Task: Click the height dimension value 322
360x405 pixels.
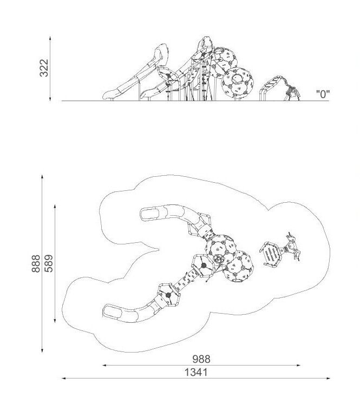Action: click(x=44, y=68)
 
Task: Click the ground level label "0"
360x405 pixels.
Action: click(x=323, y=94)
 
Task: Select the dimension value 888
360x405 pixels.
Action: click(x=36, y=263)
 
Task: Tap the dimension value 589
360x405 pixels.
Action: click(x=48, y=263)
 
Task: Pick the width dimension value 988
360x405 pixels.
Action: click(x=201, y=359)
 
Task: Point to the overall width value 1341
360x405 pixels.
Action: click(x=196, y=372)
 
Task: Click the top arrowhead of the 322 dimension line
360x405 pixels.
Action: click(x=50, y=38)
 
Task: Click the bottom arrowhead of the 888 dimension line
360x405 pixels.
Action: click(x=42, y=350)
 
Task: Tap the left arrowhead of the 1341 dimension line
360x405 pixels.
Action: click(x=64, y=379)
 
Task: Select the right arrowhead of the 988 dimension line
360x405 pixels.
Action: click(x=298, y=365)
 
